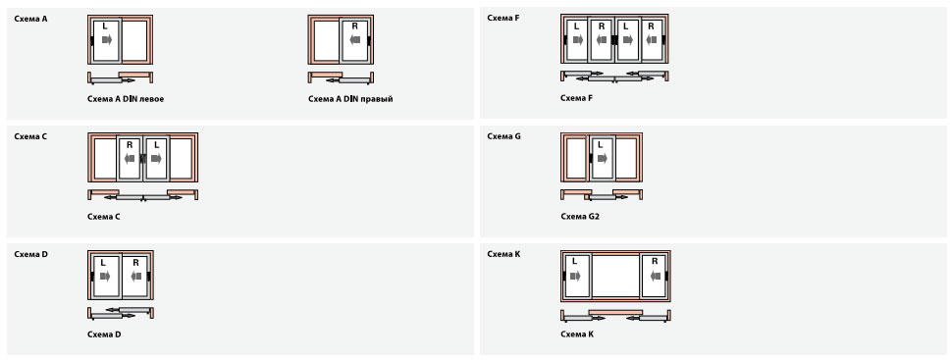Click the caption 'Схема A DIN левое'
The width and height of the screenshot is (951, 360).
(126, 99)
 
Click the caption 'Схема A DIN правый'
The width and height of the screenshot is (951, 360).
(350, 99)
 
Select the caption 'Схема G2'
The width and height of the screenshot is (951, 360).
(580, 217)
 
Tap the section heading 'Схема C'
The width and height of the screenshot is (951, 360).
(31, 136)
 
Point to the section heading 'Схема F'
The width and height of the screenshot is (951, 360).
(503, 18)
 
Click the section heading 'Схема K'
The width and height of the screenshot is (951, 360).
(504, 254)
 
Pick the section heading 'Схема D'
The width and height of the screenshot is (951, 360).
(31, 254)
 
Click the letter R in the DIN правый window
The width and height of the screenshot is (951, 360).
(355, 26)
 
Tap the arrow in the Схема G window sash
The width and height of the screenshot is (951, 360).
(602, 158)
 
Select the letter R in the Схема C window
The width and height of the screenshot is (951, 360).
(130, 145)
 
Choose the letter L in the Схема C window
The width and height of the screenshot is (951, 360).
(156, 145)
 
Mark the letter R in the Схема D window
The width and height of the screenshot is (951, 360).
(135, 263)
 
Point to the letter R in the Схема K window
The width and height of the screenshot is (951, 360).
(655, 261)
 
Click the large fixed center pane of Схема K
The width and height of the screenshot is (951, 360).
(615, 276)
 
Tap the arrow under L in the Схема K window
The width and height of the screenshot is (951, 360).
(575, 277)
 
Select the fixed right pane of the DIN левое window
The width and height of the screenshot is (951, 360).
(135, 40)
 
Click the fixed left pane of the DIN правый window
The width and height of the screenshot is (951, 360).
(326, 40)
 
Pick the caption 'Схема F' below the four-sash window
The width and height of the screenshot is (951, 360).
(577, 97)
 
